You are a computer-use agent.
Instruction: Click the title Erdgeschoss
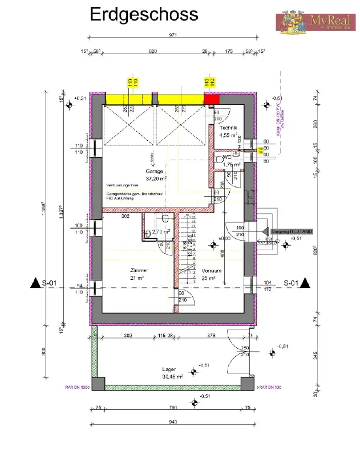144,15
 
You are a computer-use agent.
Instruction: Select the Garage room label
154,171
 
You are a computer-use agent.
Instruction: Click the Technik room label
231,129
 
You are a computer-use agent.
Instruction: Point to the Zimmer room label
139,270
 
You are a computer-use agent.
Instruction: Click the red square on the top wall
212,99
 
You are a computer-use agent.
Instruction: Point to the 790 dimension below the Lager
173,408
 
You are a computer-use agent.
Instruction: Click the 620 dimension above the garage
152,51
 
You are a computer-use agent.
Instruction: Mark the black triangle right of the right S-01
306,282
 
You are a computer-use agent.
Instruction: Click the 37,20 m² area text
156,178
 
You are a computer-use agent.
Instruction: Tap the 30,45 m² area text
172,377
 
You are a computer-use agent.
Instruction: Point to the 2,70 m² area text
161,232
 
